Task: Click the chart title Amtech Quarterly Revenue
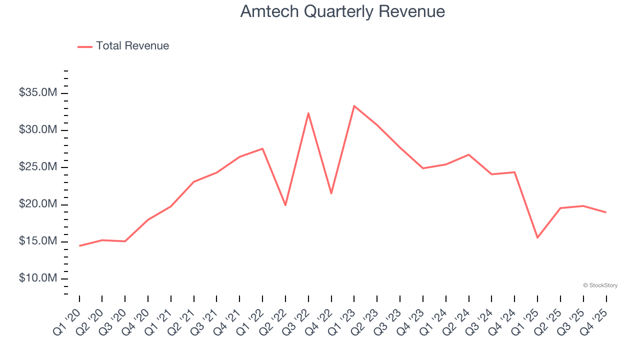pyautogui.click(x=342, y=11)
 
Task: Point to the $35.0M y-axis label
pyautogui.click(x=38, y=93)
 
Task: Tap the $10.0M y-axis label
pyautogui.click(x=38, y=278)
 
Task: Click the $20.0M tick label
pyautogui.click(x=38, y=204)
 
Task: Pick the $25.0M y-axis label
pyautogui.click(x=38, y=167)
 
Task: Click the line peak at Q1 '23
pyautogui.click(x=354, y=106)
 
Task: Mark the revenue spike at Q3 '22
pyautogui.click(x=308, y=113)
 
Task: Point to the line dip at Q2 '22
pyautogui.click(x=285, y=205)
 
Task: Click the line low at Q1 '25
pyautogui.click(x=537, y=237)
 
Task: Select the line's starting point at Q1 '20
pyautogui.click(x=79, y=245)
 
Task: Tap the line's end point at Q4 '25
pyautogui.click(x=606, y=212)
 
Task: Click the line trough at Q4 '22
pyautogui.click(x=331, y=193)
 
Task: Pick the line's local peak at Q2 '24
pyautogui.click(x=468, y=154)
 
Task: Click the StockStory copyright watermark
pyautogui.click(x=600, y=285)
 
